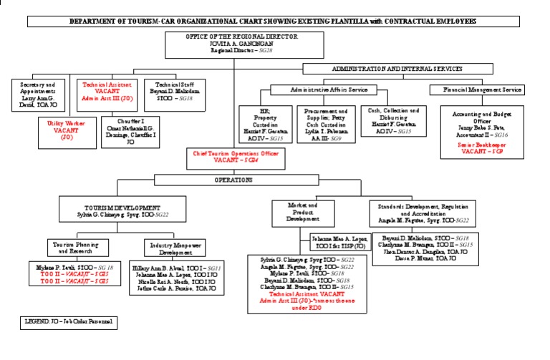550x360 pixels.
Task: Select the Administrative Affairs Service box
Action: point(329,90)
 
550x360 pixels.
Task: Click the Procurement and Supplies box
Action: point(326,125)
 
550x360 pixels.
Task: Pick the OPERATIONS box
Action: point(234,180)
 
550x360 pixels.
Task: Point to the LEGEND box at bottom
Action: point(68,322)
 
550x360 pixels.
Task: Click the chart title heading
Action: point(272,22)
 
